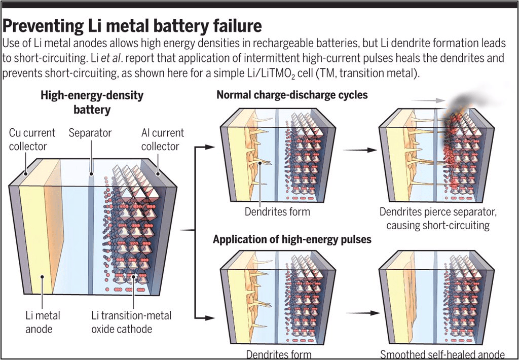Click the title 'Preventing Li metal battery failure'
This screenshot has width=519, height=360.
click(132, 25)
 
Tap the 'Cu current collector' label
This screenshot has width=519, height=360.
click(32, 139)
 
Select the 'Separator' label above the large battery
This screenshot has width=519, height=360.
click(90, 133)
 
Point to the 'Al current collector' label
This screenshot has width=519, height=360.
click(162, 139)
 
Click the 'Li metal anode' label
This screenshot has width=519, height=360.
click(43, 322)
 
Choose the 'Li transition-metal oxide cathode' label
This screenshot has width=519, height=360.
click(131, 322)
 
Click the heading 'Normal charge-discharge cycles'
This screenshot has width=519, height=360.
click(292, 95)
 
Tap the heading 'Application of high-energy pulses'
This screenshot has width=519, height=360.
click(292, 239)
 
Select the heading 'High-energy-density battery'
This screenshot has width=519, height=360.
click(92, 102)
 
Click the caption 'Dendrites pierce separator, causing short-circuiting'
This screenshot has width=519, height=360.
click(438, 219)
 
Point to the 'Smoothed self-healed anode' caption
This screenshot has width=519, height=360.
click(442, 354)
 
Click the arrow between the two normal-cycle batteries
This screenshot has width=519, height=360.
click(360, 150)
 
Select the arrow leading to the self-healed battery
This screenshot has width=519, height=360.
click(363, 313)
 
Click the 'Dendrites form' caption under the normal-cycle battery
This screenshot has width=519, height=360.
click(277, 211)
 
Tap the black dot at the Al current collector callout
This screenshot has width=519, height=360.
click(158, 173)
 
